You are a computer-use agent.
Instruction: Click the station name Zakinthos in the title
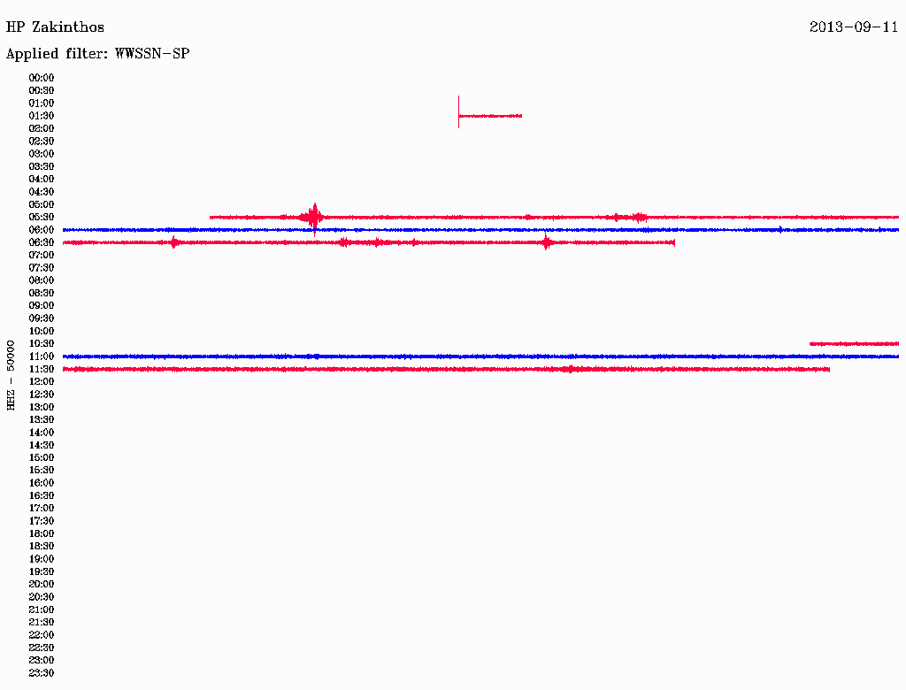(x=68, y=27)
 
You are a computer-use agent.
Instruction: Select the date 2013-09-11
(x=854, y=27)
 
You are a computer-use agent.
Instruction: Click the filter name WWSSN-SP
(x=152, y=54)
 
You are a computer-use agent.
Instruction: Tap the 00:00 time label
(x=42, y=78)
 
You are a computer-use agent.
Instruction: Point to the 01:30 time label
(x=42, y=116)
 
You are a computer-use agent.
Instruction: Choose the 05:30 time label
(x=42, y=218)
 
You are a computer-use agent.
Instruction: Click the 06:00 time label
(x=42, y=230)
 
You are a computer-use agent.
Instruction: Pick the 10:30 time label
(x=42, y=344)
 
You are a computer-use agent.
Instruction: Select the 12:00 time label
(x=42, y=382)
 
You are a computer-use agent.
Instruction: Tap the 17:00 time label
(x=42, y=509)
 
